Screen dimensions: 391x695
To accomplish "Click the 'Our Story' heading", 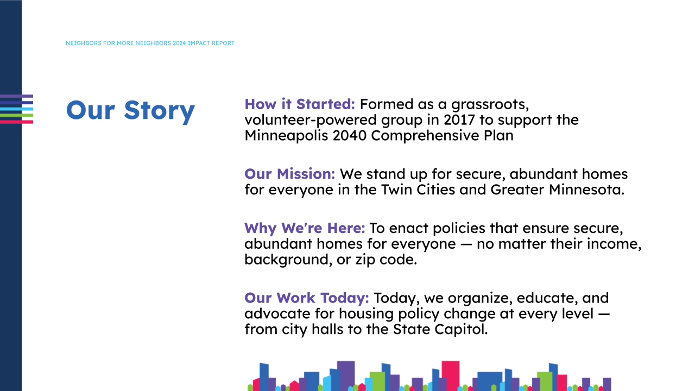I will click(x=130, y=110).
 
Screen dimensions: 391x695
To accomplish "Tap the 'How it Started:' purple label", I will click(x=300, y=104).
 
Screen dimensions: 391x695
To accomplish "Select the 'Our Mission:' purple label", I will click(x=290, y=174).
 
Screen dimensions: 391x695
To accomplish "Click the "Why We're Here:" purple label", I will click(x=305, y=228).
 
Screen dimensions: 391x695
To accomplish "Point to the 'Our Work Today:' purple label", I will click(x=307, y=298).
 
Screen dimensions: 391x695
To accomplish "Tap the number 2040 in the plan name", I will click(x=350, y=135).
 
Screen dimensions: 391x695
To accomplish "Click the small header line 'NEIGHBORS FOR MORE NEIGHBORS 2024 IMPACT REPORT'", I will click(x=150, y=43).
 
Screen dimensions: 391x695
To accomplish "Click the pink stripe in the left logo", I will click(x=16, y=122).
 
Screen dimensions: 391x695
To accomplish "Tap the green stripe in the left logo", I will click(x=16, y=115).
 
